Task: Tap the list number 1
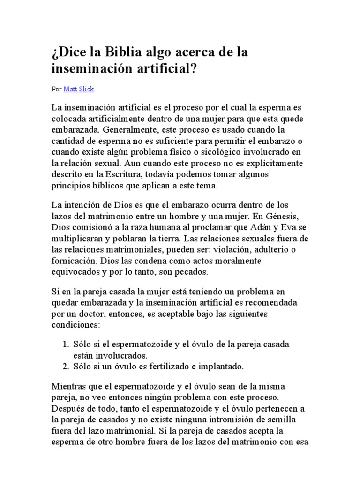click(64, 344)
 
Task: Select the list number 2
click(64, 367)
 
